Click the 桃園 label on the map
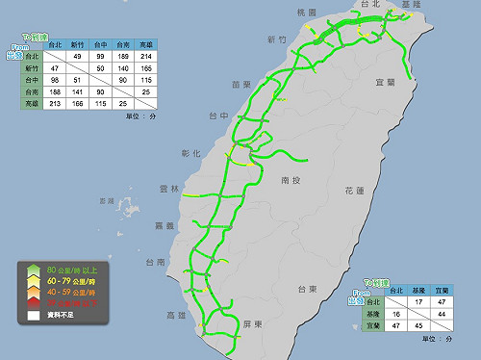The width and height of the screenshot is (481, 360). tap(306, 12)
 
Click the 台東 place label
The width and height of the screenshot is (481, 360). tap(306, 289)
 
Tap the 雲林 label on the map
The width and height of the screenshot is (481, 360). tap(168, 189)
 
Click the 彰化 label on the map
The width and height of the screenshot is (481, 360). tap(190, 153)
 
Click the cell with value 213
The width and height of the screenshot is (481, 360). tap(54, 103)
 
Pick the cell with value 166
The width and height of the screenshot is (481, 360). tap(77, 103)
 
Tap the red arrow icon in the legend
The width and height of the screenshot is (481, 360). tap(32, 301)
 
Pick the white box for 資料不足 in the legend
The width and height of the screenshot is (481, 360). tap(32, 314)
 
